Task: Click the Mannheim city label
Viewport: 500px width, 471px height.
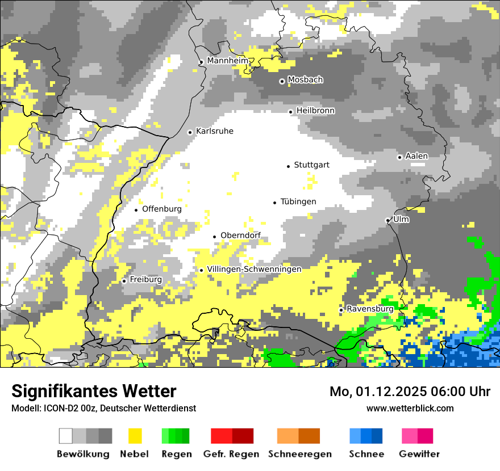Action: coord(227,61)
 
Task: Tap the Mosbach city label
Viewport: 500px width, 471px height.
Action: coord(305,80)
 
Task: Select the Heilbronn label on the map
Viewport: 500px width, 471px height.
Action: coord(315,111)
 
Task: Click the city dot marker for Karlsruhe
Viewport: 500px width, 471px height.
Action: coord(190,132)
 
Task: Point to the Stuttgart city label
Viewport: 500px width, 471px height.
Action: coord(311,165)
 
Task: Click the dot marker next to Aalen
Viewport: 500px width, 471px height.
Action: coord(399,157)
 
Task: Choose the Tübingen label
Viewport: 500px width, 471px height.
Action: coord(298,202)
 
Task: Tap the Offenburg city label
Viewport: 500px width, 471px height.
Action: coord(161,209)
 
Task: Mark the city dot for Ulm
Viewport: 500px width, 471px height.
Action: coord(388,220)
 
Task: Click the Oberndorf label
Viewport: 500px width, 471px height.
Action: coord(240,235)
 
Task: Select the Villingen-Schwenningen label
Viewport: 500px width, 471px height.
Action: coord(254,269)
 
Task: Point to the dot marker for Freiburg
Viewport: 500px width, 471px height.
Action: coord(124,281)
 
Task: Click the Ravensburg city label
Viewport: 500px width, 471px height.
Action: coord(370,309)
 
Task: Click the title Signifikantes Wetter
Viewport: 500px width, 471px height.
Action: coord(94,391)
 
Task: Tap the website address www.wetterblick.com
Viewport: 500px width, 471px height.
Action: coord(410,408)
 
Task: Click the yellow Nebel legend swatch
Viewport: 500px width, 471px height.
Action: coord(135,436)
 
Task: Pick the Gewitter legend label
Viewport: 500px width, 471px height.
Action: coord(419,454)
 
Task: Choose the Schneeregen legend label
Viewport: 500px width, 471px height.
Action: coord(299,454)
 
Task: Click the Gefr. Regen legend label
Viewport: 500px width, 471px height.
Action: coord(231,454)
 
